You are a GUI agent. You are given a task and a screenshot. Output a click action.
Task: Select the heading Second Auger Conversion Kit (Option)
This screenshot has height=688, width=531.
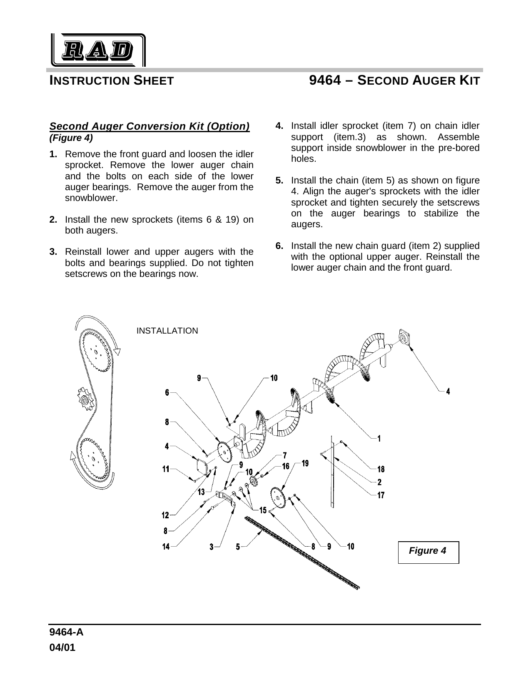[x=149, y=126]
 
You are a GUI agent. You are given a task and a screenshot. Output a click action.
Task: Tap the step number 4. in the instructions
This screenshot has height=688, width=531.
[x=280, y=126]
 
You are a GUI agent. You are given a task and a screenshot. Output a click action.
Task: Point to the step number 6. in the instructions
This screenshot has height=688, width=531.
[x=280, y=246]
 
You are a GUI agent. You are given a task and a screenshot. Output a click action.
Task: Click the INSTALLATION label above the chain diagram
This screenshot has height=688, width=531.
[x=167, y=331]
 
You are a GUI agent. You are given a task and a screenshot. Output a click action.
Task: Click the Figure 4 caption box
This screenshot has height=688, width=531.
[x=428, y=552]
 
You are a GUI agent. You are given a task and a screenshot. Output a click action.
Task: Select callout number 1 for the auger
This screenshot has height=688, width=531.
[x=379, y=438]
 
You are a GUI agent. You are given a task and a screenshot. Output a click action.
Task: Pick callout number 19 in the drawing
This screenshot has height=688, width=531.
[x=305, y=463]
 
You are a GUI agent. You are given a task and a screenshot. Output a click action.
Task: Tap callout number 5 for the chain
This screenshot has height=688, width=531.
[x=238, y=547]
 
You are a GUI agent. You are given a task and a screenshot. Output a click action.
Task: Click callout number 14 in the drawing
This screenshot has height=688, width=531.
[x=166, y=547]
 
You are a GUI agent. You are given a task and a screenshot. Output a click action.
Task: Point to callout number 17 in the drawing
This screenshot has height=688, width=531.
[x=381, y=495]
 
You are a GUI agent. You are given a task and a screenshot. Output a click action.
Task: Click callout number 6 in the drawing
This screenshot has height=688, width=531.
[x=167, y=392]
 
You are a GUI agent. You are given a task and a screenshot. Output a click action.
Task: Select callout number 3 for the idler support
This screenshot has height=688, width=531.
[x=212, y=547]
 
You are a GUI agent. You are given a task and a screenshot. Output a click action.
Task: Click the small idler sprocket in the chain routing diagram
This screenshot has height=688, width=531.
[x=85, y=400]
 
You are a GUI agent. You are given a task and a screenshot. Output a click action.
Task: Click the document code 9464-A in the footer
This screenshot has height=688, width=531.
[x=66, y=633]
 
